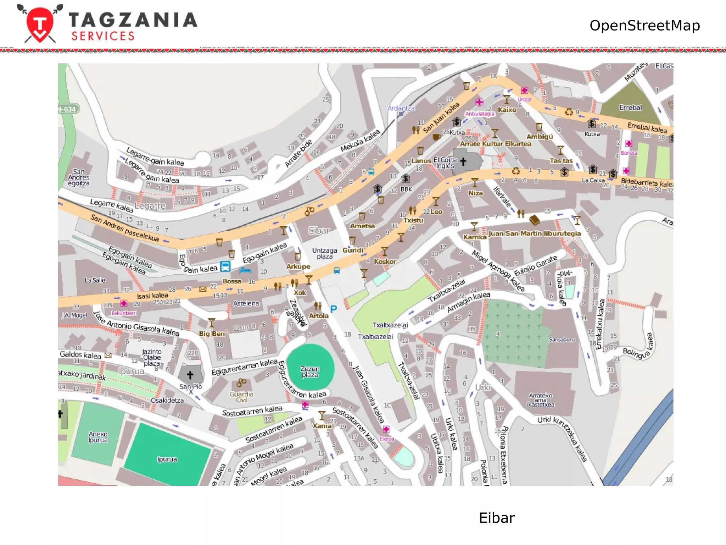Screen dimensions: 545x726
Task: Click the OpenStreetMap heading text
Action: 644,26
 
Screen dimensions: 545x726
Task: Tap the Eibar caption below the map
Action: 496,518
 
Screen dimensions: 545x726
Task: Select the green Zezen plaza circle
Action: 310,367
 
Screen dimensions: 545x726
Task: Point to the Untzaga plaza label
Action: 324,253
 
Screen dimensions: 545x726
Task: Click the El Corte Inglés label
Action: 445,163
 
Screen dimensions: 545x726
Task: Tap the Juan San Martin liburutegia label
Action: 534,233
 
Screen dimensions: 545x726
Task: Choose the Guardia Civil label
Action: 241,397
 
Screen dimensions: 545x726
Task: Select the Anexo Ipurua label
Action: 98,437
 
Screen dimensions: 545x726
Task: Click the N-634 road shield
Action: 67,109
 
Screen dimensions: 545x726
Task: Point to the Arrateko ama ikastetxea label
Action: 540,400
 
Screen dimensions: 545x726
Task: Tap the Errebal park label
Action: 630,108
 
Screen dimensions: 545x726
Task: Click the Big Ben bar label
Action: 212,334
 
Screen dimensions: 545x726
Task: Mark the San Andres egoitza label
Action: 79,177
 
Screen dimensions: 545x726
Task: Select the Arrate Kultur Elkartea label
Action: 495,144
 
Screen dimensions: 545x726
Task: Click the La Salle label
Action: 95,280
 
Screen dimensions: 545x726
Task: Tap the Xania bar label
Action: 322,425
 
